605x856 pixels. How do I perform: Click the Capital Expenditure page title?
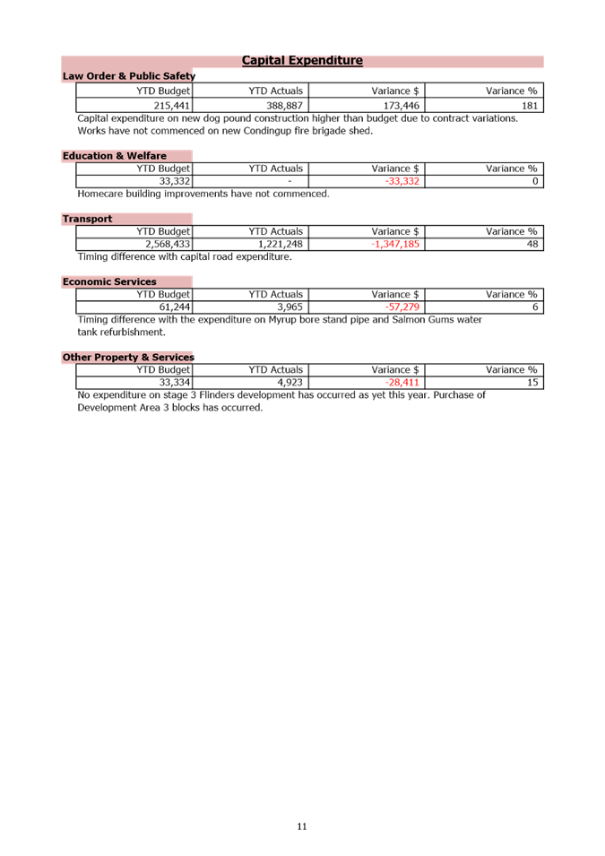tap(302, 61)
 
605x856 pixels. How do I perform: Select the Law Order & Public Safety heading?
tap(128, 76)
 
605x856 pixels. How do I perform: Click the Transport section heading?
tap(87, 219)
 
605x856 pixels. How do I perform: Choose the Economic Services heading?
tap(109, 281)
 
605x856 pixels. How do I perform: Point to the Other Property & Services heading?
tap(128, 357)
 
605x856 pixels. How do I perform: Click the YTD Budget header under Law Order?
tap(163, 91)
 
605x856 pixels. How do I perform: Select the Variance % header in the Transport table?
tap(512, 231)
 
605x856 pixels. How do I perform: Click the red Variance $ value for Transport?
tap(394, 244)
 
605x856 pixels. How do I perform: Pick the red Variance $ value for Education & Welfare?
tap(402, 181)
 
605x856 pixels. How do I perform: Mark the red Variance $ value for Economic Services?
tap(402, 307)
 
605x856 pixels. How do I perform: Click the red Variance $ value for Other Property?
tap(402, 382)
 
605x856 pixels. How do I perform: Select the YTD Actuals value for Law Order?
tap(284, 106)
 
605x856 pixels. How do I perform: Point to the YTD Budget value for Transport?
tap(168, 244)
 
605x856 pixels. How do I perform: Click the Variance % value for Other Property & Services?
tap(532, 382)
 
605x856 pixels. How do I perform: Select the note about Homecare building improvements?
tap(203, 194)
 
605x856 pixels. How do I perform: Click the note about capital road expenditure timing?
tap(184, 256)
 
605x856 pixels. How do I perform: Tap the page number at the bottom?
tap(302, 826)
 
